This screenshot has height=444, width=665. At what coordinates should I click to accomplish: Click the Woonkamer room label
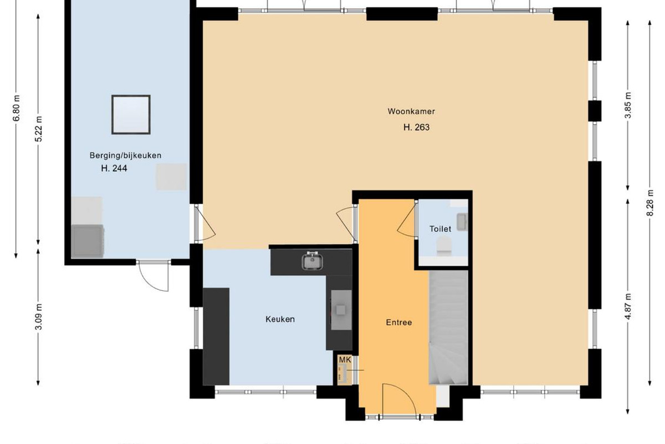(411, 112)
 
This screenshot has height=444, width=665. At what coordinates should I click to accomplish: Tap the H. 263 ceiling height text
(416, 127)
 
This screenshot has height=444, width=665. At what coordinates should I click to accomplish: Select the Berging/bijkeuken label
(125, 155)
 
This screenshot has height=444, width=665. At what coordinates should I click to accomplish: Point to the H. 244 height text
(114, 168)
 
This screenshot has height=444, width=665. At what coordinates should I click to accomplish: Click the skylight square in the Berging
(131, 114)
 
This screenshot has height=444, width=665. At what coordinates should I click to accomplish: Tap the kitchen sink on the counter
(313, 261)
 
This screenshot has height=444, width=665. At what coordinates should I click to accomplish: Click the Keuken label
(280, 319)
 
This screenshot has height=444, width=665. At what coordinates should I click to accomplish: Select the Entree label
(398, 322)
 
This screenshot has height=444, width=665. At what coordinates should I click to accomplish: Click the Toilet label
(440, 229)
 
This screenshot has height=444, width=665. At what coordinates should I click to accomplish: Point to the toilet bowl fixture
(444, 246)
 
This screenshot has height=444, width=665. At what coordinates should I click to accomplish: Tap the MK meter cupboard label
(345, 360)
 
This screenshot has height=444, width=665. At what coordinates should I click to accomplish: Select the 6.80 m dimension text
(17, 108)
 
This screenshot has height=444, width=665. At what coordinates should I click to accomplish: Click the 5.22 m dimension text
(39, 129)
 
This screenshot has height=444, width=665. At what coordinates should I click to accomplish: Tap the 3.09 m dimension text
(39, 317)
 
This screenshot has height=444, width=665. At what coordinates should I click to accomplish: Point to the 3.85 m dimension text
(628, 105)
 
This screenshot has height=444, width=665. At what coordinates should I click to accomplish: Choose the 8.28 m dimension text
(650, 203)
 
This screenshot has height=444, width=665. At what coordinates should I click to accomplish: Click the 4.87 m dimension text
(628, 306)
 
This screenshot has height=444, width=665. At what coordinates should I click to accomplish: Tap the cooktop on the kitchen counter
(341, 310)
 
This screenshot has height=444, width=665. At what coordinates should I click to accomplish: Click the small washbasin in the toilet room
(462, 222)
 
